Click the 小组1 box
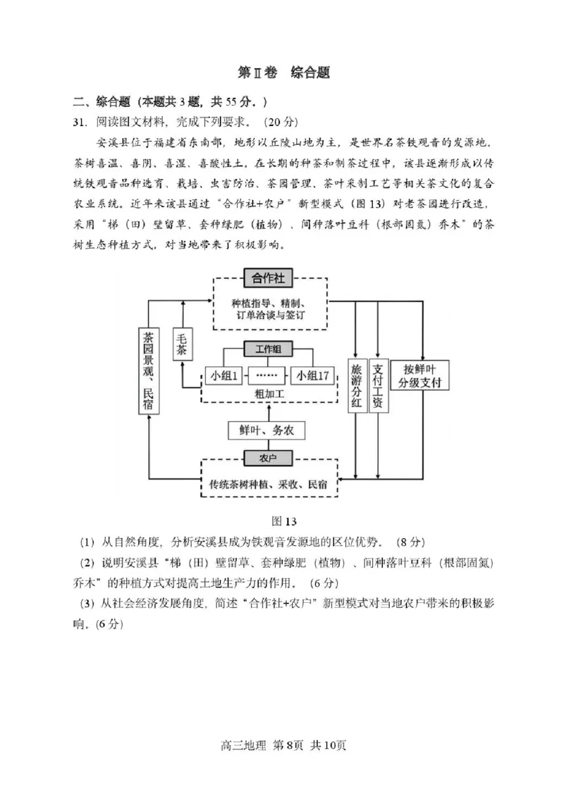click(x=223, y=375)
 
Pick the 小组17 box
click(x=313, y=375)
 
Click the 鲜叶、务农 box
click(x=267, y=430)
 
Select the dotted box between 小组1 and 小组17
click(x=267, y=375)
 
